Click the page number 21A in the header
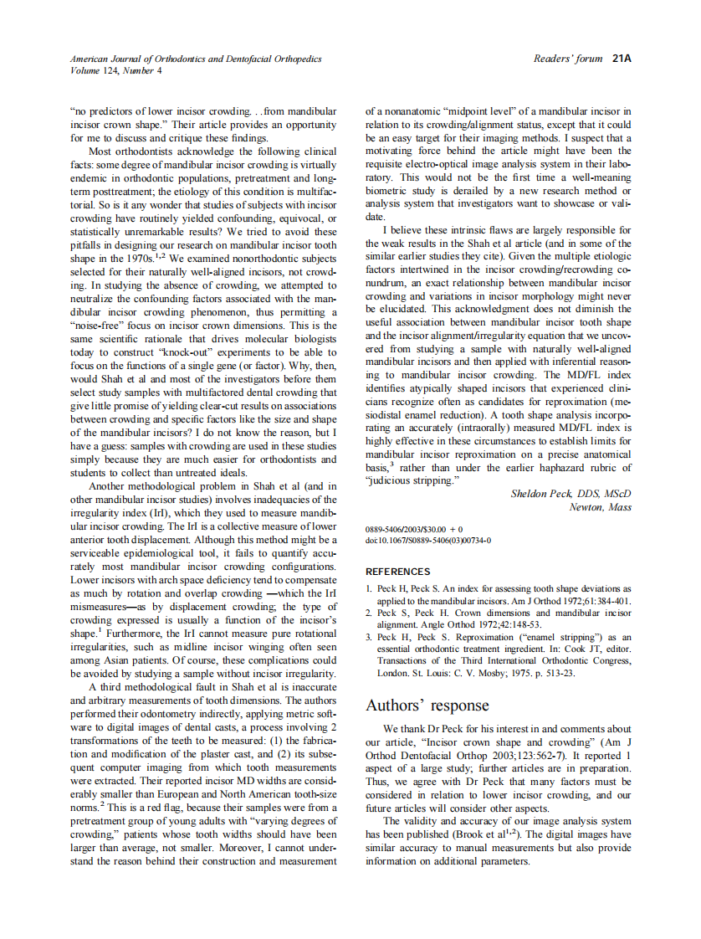(x=621, y=59)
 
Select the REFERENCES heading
(x=398, y=572)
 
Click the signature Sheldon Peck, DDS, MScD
(x=571, y=494)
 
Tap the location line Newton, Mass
(x=600, y=507)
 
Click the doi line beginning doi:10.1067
(x=428, y=540)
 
